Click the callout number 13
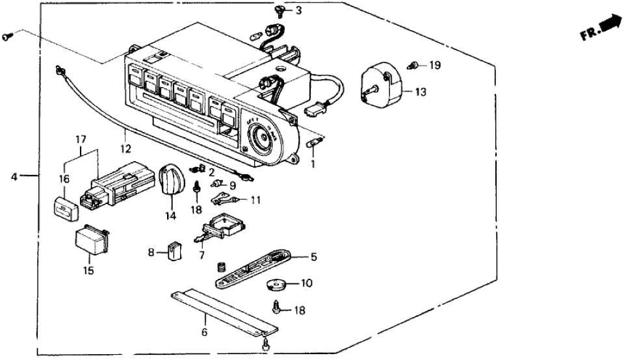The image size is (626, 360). [x=421, y=92]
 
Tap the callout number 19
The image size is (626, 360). [x=434, y=65]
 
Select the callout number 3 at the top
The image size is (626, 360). [x=298, y=10]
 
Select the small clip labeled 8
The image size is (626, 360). [x=174, y=250]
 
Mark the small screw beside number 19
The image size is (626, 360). [x=413, y=64]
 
